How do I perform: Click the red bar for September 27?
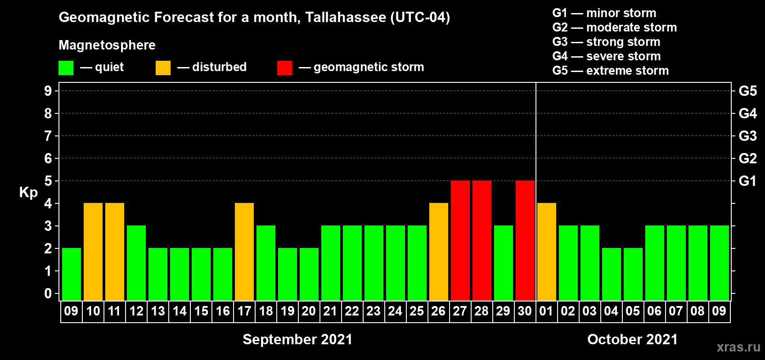(460, 240)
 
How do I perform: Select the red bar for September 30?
(525, 240)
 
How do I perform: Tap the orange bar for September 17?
(244, 252)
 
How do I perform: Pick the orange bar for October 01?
(546, 252)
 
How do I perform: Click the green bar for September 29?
(503, 263)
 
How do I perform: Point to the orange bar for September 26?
(439, 252)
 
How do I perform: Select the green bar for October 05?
(633, 274)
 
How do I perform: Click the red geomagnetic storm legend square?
(284, 68)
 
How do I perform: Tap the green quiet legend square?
(66, 68)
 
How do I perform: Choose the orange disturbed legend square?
(163, 68)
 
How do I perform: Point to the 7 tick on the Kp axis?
(48, 136)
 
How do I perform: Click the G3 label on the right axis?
(747, 136)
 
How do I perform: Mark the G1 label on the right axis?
(747, 181)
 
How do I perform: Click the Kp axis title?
(28, 193)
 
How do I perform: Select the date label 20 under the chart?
(309, 311)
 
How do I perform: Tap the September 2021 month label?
(297, 339)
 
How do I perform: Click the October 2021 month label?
(632, 339)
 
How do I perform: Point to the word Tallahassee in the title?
(345, 18)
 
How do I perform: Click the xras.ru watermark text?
(738, 347)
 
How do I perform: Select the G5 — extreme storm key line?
(610, 71)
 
